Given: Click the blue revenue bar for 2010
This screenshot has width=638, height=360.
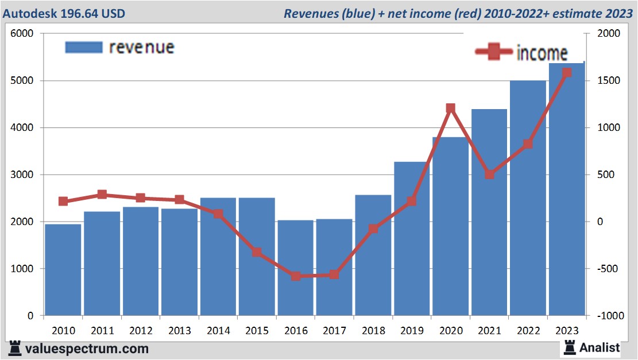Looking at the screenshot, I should [63, 270].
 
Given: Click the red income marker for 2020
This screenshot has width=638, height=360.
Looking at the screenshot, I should [450, 109].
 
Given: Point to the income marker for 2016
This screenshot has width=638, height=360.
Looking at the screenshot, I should [296, 276].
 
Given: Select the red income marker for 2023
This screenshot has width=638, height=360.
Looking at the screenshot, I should [567, 73].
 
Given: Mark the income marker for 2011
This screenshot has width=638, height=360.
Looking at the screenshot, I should [102, 195].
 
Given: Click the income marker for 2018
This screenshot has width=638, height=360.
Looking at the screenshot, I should [373, 229].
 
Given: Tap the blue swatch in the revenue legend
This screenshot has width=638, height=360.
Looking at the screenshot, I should [83, 47].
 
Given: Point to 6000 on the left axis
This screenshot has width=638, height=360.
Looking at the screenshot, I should [22, 34].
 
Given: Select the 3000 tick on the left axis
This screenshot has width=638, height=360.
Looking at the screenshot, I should [22, 175].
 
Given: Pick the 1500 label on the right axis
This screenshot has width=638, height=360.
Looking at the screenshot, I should [609, 81].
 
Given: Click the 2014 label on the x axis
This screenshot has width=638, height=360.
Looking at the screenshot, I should [218, 331].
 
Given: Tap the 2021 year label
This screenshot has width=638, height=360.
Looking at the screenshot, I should [489, 331].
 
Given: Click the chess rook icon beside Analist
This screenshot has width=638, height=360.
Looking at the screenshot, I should [570, 347].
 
